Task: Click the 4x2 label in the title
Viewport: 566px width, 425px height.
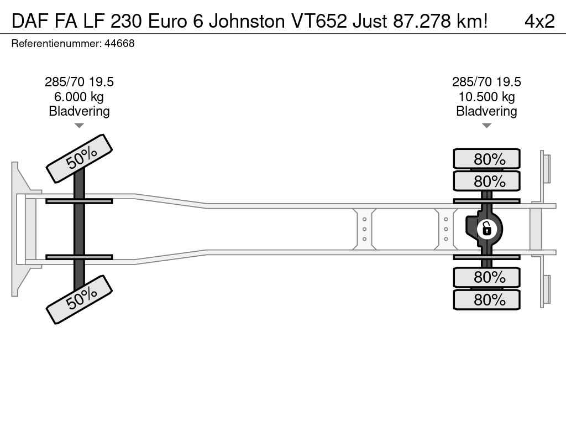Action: click(539, 21)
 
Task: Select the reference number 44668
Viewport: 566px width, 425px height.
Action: click(119, 43)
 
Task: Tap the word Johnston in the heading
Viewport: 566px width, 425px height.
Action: click(247, 21)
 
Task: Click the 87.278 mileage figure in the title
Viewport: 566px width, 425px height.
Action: click(422, 21)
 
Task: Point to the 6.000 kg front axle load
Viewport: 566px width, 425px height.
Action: click(79, 96)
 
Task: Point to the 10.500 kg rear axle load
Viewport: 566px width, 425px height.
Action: click(486, 96)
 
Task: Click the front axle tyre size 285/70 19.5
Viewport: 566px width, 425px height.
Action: click(79, 82)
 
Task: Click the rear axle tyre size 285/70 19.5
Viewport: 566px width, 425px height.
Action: click(486, 82)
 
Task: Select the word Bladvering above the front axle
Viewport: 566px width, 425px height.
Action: click(79, 111)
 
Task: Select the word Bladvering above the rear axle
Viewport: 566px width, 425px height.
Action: click(486, 111)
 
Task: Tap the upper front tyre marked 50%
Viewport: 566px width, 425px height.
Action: click(80, 158)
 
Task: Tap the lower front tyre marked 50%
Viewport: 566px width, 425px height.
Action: click(80, 299)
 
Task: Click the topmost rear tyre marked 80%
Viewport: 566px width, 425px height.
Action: click(486, 159)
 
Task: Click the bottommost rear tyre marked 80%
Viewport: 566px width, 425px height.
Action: click(486, 299)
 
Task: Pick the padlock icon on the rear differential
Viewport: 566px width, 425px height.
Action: click(486, 229)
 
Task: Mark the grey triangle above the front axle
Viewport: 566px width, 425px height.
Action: click(79, 126)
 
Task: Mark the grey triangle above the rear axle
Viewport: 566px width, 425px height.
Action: click(486, 126)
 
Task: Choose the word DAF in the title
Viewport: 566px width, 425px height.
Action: click(31, 21)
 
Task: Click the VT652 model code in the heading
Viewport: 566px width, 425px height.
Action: click(318, 21)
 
